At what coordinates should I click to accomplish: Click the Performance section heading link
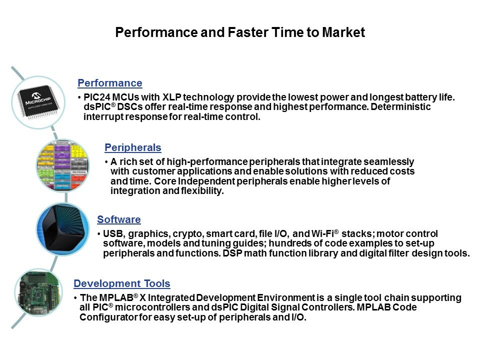[110, 83]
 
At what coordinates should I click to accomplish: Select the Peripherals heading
[133, 147]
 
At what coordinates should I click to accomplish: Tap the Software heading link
[119, 219]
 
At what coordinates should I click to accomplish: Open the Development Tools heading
[122, 283]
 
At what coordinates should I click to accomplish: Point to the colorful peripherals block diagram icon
[63, 165]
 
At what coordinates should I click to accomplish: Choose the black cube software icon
[63, 229]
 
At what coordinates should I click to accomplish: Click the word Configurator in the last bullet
[108, 317]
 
